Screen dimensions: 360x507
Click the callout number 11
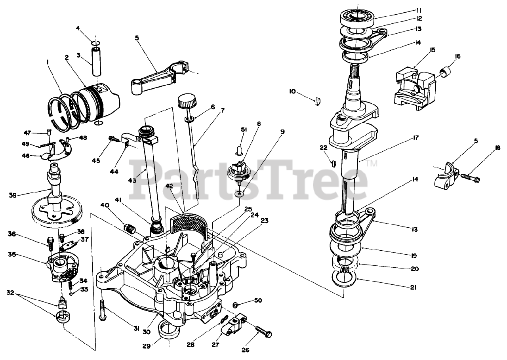(408, 10)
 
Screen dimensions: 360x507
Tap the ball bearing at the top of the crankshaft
(358, 17)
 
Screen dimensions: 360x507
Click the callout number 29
(146, 345)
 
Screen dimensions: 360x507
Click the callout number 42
(169, 186)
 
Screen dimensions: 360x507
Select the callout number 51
(243, 129)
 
